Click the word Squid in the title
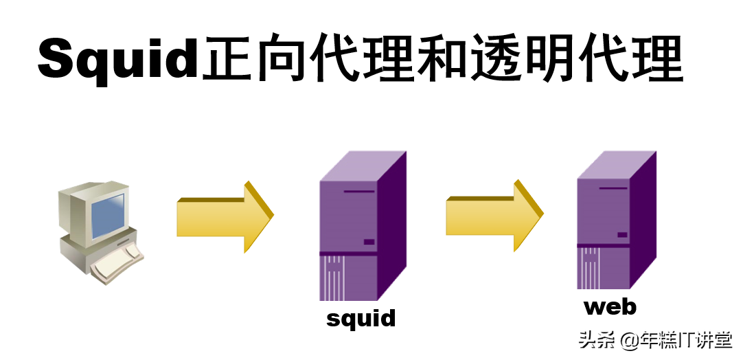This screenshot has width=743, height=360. tap(118, 60)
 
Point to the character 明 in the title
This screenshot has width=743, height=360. tap(562, 58)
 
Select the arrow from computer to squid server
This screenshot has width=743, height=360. tap(224, 217)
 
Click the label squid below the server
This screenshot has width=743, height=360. tap(361, 318)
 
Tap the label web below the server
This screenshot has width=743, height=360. tap(610, 306)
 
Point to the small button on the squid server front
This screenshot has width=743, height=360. tap(369, 242)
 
